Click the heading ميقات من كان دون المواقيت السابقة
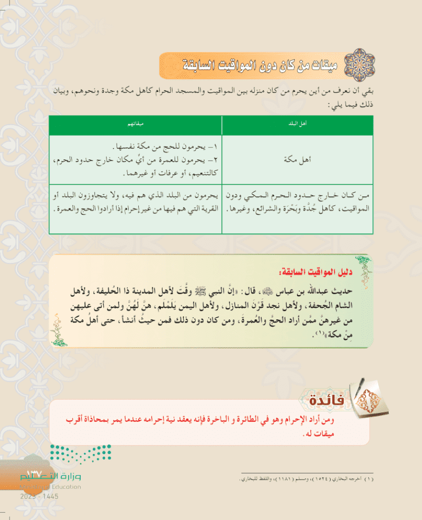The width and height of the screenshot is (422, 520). click(x=248, y=67)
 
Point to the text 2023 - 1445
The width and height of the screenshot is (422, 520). click(x=40, y=497)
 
